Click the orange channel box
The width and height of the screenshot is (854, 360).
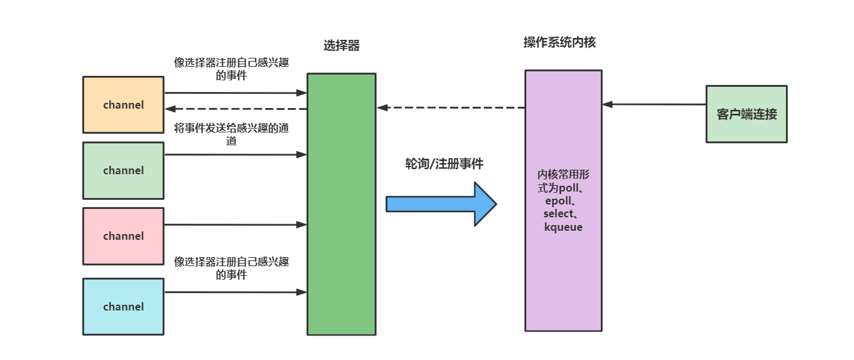point(123,105)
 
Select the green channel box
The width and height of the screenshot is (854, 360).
point(123,170)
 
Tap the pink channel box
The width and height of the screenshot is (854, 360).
point(123,236)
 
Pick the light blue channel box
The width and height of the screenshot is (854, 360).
point(123,307)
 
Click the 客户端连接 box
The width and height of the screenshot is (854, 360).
point(746,114)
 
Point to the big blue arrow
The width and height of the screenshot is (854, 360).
point(441,204)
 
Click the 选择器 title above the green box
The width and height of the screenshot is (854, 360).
point(341,46)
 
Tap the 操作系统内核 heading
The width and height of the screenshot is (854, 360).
point(560,42)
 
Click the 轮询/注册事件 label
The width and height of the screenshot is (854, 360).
point(444,164)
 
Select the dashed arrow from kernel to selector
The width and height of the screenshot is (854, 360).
point(450,107)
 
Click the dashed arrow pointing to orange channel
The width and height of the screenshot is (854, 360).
point(235,109)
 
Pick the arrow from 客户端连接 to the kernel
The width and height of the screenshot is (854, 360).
point(654,104)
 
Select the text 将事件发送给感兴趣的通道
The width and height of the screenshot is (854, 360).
point(231,134)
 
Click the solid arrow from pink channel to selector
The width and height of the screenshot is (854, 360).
point(235,225)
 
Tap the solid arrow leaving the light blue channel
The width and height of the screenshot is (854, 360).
point(235,292)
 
